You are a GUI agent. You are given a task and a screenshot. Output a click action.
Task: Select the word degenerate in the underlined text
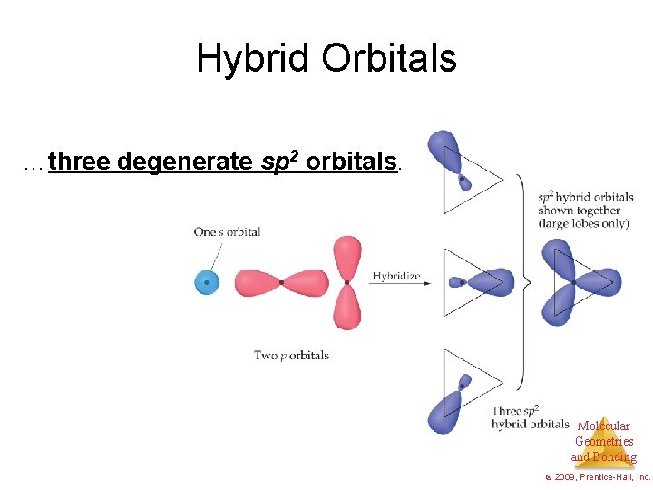(x=187, y=162)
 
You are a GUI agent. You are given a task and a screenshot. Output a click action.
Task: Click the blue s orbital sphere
(x=208, y=282)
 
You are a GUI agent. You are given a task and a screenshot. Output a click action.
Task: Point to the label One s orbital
(x=227, y=231)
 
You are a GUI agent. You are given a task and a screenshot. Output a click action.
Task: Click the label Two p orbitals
(x=291, y=355)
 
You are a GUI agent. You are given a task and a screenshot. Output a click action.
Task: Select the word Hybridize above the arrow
(x=396, y=276)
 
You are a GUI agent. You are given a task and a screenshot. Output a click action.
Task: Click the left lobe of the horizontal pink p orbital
(x=257, y=282)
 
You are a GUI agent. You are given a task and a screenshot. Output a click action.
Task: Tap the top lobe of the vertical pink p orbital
(x=347, y=257)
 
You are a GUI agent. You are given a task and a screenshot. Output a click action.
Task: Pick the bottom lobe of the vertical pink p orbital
(x=347, y=309)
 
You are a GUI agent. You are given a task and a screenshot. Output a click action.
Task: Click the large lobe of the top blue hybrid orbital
(x=444, y=150)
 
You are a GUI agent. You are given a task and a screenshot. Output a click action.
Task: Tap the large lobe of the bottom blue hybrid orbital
(x=444, y=410)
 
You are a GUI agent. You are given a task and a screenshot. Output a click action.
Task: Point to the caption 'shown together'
(x=579, y=211)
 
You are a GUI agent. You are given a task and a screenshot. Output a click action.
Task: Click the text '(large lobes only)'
(x=583, y=223)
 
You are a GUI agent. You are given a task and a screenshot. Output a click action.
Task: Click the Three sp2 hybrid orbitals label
(x=529, y=417)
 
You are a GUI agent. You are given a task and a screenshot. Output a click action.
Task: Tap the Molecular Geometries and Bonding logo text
(x=603, y=442)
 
